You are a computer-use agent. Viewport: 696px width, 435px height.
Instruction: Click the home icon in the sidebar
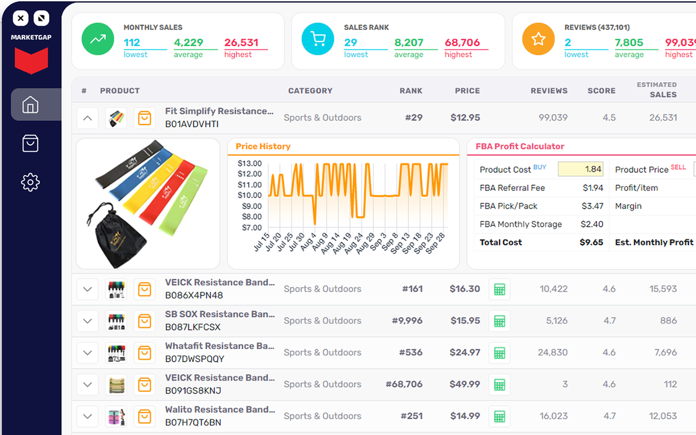30,104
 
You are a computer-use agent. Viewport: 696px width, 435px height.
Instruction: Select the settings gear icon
30,182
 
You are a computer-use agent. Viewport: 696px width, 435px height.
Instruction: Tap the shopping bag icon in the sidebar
30,144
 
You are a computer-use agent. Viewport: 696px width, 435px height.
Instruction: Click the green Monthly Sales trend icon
98,39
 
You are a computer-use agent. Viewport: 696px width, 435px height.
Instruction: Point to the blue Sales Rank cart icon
318,39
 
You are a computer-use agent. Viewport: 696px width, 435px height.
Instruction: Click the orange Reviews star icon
538,39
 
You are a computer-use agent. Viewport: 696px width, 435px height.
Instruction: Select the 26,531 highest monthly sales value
241,42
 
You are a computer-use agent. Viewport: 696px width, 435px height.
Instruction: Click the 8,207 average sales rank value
409,42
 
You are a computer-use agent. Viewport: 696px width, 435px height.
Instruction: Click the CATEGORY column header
310,91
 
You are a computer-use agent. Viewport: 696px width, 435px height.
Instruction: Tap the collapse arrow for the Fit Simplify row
88,117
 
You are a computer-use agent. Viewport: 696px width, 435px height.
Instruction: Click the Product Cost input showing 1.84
581,169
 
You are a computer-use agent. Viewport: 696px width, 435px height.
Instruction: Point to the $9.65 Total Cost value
592,243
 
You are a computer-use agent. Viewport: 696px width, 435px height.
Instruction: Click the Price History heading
263,146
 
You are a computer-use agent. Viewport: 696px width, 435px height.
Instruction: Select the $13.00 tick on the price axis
250,163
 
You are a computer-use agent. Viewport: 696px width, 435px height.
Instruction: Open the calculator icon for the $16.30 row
499,289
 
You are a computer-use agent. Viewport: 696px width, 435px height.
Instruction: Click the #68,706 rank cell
404,384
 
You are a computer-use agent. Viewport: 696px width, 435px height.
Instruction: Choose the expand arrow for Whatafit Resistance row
88,352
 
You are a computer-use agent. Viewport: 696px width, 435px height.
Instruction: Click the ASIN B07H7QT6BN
193,422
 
